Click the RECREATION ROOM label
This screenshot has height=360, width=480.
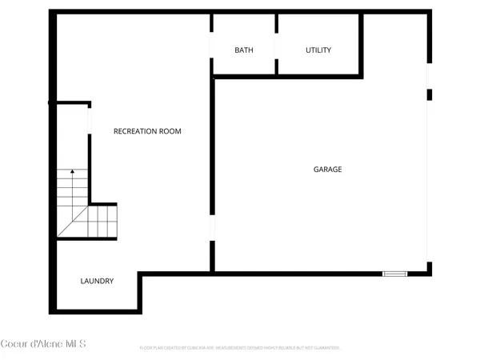coord(147,131)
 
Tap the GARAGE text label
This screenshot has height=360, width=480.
coord(327,170)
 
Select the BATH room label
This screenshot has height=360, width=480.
coord(244,50)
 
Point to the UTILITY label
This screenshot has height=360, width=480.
coord(318,50)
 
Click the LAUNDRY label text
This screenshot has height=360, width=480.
coord(97,282)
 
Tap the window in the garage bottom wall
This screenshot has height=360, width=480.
coord(394,274)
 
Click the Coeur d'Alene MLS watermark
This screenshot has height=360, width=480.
coord(44,344)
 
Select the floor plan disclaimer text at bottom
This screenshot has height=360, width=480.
coord(240,348)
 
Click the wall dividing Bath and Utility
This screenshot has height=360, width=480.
coord(277,45)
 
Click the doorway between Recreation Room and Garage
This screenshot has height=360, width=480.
coord(212,227)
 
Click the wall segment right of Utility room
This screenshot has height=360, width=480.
coord(362,45)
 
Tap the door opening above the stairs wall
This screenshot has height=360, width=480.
coord(89,120)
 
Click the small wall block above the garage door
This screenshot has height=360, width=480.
coord(429,94)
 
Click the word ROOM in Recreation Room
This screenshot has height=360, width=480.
coord(170,131)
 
